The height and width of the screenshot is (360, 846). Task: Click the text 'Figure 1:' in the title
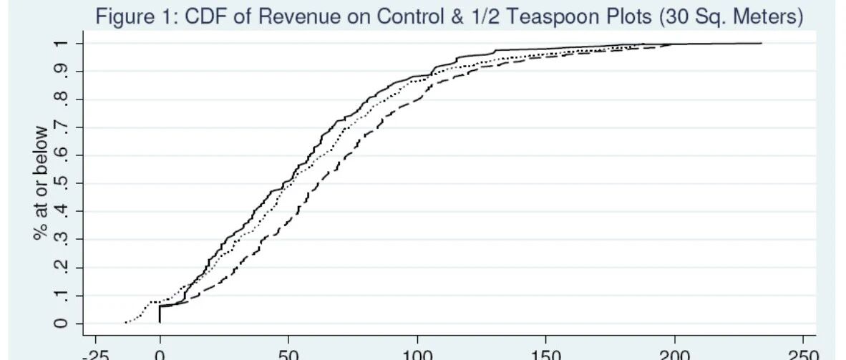pos(137,16)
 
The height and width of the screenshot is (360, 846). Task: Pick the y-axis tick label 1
pos(62,43)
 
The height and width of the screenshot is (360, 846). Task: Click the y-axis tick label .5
pos(62,183)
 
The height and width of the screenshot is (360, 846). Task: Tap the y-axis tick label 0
pos(62,323)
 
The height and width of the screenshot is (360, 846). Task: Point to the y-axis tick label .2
pos(62,267)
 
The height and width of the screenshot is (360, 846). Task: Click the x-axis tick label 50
pos(288,354)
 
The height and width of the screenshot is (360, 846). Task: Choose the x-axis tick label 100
pos(417,354)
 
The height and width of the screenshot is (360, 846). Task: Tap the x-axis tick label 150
pos(545,354)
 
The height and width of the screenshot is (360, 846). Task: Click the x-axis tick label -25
pos(95,354)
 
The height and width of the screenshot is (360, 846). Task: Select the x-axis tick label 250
pos(803,354)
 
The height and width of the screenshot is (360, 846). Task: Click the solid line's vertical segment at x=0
pos(160,314)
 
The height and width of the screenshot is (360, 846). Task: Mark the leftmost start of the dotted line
pos(125,322)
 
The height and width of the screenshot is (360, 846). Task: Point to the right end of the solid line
pos(762,43)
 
